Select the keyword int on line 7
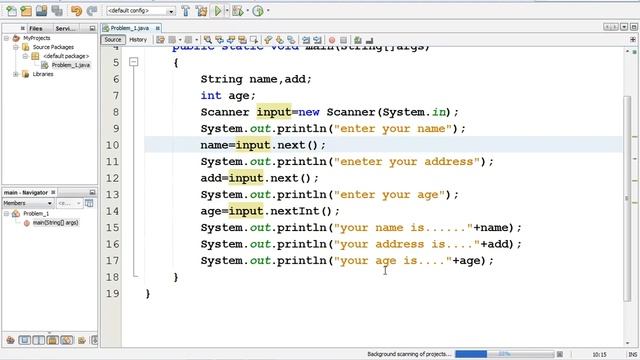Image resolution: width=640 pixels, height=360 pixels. pyautogui.click(x=211, y=96)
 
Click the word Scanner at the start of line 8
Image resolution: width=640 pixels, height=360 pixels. pyautogui.click(x=225, y=112)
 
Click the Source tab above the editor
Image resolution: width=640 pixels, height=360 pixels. pyautogui.click(x=113, y=40)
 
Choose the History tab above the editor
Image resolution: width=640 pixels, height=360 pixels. pyautogui.click(x=138, y=40)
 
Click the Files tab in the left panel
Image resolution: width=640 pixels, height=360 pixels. pyautogui.click(x=35, y=29)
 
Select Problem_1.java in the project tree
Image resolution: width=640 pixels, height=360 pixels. pyautogui.click(x=71, y=65)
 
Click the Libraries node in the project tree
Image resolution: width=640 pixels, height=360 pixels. pyautogui.click(x=43, y=74)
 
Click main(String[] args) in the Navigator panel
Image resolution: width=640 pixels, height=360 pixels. pyautogui.click(x=55, y=222)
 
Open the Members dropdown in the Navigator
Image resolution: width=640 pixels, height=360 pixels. pyautogui.click(x=26, y=203)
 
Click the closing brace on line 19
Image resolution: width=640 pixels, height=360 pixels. pyautogui.click(x=147, y=293)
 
